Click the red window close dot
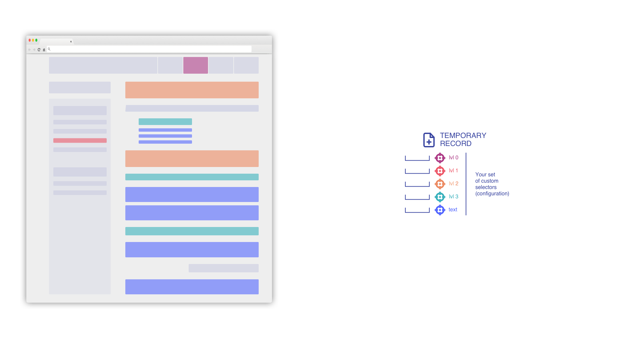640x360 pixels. coord(30,40)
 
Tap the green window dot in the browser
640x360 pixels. coord(36,40)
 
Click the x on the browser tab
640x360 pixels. coord(71,42)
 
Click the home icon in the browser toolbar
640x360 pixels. coord(44,50)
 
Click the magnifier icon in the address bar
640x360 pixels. coord(49,49)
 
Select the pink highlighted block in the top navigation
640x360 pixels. coord(196,65)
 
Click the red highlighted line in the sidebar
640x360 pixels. coord(80,141)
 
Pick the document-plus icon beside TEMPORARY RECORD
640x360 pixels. coord(429,140)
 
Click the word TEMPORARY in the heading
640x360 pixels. coord(463,136)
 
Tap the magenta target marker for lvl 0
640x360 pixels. coord(440,158)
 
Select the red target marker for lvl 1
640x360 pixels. coord(440,171)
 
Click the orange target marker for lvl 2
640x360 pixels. coord(440,184)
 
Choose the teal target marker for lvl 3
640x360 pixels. coord(440,197)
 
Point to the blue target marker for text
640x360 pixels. coord(440,210)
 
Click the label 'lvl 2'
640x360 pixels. coord(454,184)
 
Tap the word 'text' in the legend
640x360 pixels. coord(453,210)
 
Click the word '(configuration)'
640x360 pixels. coord(492,194)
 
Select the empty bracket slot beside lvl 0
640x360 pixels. coord(417,158)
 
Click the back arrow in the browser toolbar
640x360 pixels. coord(29,50)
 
